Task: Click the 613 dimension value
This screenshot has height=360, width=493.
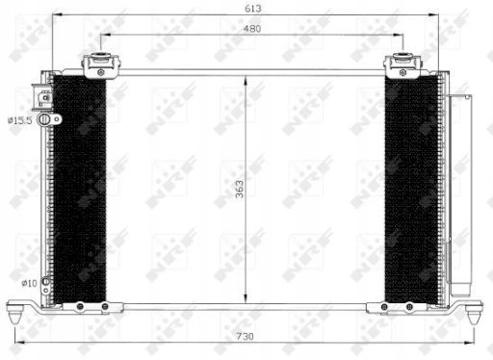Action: pyautogui.click(x=253, y=9)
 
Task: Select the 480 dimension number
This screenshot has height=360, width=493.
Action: pyautogui.click(x=252, y=29)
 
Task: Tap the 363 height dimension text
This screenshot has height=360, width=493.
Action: pyautogui.click(x=240, y=189)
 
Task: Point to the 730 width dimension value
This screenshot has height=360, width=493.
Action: pyautogui.click(x=245, y=336)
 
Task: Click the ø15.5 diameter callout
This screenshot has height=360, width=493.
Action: pyautogui.click(x=20, y=120)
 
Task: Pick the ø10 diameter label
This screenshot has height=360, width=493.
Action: pyautogui.click(x=29, y=283)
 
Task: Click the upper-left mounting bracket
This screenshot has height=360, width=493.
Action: pyautogui.click(x=101, y=65)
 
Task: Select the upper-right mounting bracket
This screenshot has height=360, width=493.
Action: pyautogui.click(x=402, y=65)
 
